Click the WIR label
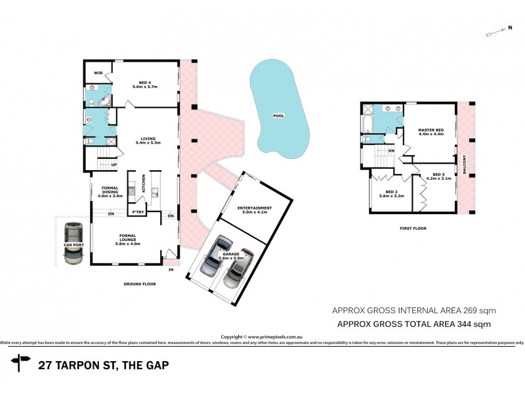pos(97,73)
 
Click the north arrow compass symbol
pos(499,30)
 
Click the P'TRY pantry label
pos(138,212)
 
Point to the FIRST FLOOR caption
pos(412,229)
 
